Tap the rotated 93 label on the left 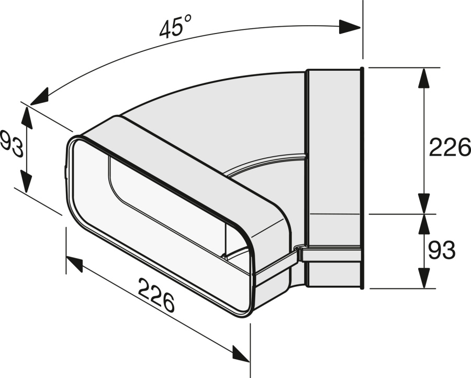click(x=13, y=144)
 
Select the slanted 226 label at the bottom click(x=156, y=295)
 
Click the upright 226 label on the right click(x=450, y=147)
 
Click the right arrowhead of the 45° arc click(x=350, y=27)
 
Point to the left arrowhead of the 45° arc click(x=39, y=97)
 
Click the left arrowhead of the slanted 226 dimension click(x=74, y=263)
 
